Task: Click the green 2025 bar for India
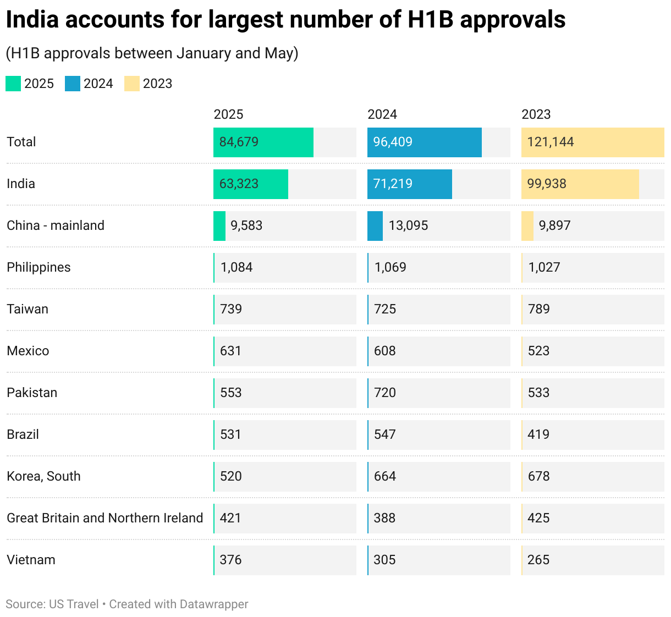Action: (x=251, y=184)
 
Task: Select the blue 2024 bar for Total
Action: (x=425, y=142)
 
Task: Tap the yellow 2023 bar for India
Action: (x=580, y=184)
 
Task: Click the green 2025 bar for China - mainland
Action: (x=219, y=225)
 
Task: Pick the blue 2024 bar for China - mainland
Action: (x=375, y=225)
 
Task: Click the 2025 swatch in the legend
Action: (x=13, y=84)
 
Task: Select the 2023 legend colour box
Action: (x=132, y=84)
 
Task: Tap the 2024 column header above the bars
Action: (x=382, y=114)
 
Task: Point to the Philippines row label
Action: (x=38, y=267)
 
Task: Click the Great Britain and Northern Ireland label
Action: (x=105, y=518)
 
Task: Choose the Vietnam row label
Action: (x=31, y=560)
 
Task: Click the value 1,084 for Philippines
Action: (x=237, y=267)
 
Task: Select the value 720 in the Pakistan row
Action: (x=385, y=393)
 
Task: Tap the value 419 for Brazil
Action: (x=538, y=434)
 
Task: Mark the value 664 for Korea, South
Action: (x=385, y=476)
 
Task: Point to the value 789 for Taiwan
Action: (x=538, y=309)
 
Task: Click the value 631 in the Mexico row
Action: (x=230, y=351)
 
